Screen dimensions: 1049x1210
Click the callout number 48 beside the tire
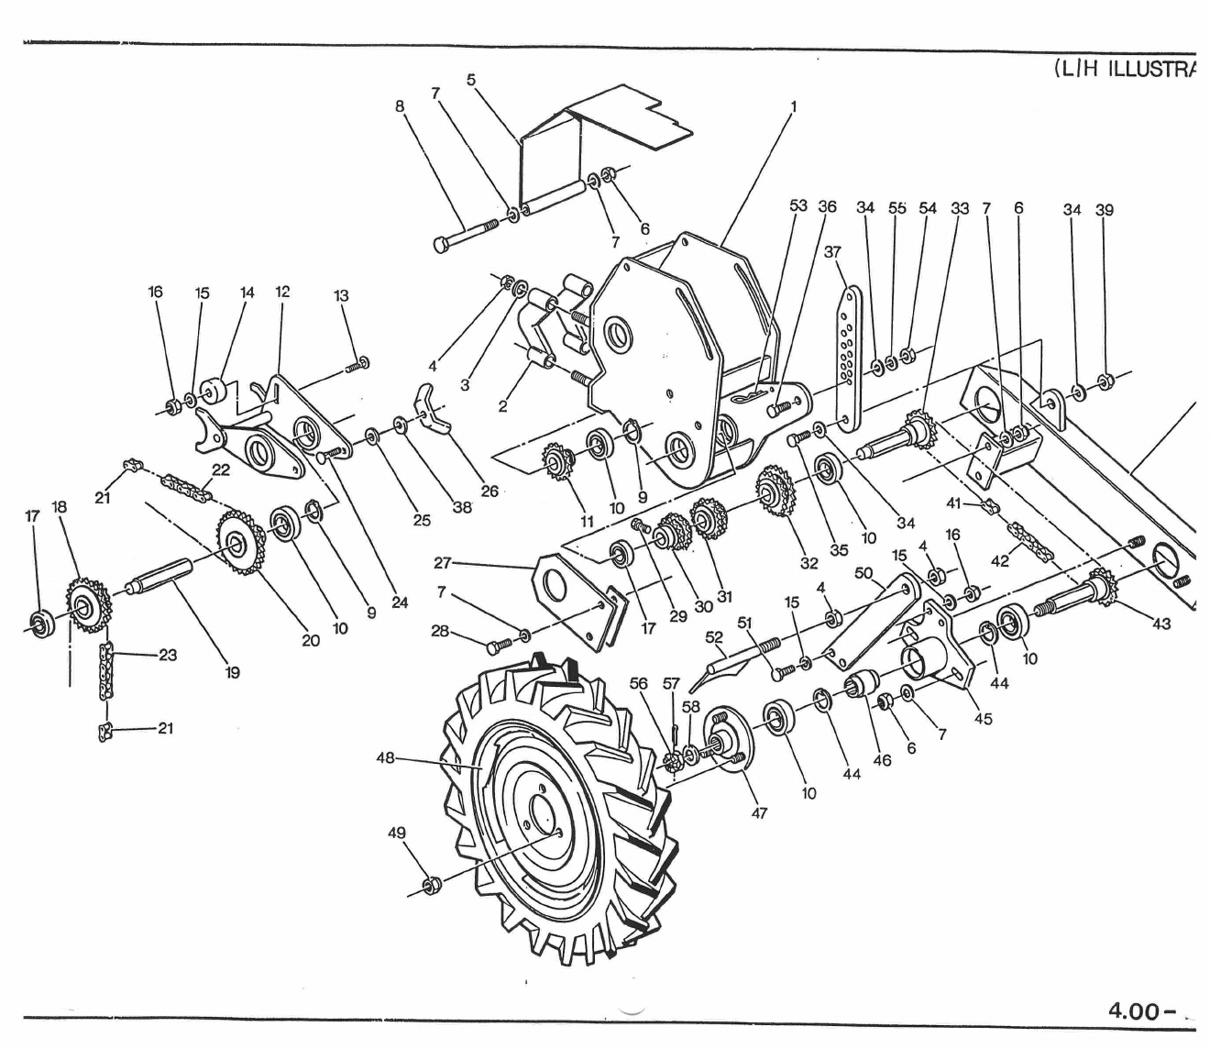point(385,758)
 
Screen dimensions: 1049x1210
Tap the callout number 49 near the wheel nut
point(397,834)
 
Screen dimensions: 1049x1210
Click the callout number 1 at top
point(794,105)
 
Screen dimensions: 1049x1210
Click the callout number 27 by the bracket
point(444,562)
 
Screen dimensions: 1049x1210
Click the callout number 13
point(341,295)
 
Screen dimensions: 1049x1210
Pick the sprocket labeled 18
point(88,606)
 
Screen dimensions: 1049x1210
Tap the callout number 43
point(1161,624)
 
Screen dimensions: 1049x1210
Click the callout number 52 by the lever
point(714,636)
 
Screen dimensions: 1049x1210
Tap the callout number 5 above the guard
point(471,79)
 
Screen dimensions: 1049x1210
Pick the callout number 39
point(1105,209)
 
